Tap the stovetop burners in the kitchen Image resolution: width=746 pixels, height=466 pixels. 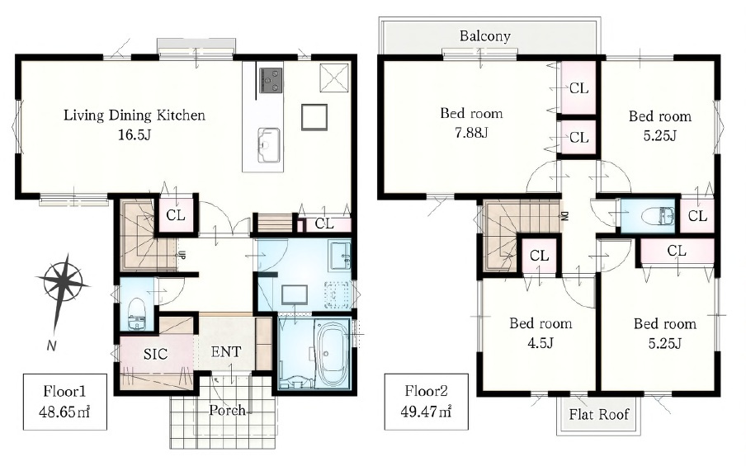270,80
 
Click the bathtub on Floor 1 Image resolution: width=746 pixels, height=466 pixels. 332,353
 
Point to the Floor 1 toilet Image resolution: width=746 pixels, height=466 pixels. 137,313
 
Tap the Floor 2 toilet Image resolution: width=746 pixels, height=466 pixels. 658,216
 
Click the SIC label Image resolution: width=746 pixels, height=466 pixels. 156,355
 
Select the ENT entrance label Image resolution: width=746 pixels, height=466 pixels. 226,352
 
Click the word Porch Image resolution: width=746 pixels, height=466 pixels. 228,410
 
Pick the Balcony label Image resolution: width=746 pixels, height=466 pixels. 484,36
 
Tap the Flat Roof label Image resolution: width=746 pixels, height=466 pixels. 599,414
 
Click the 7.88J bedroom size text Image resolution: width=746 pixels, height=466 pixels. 471,132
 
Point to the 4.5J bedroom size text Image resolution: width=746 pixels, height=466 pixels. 540,342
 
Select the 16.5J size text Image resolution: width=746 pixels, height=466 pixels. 135,134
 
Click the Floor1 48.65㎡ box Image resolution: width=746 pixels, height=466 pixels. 64,402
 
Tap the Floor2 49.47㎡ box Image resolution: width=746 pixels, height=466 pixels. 427,402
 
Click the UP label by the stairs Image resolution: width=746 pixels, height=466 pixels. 182,255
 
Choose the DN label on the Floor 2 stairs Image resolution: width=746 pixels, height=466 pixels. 564,216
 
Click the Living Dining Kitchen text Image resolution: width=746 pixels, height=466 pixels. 135,115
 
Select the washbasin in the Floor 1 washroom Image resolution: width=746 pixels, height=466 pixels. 341,255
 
